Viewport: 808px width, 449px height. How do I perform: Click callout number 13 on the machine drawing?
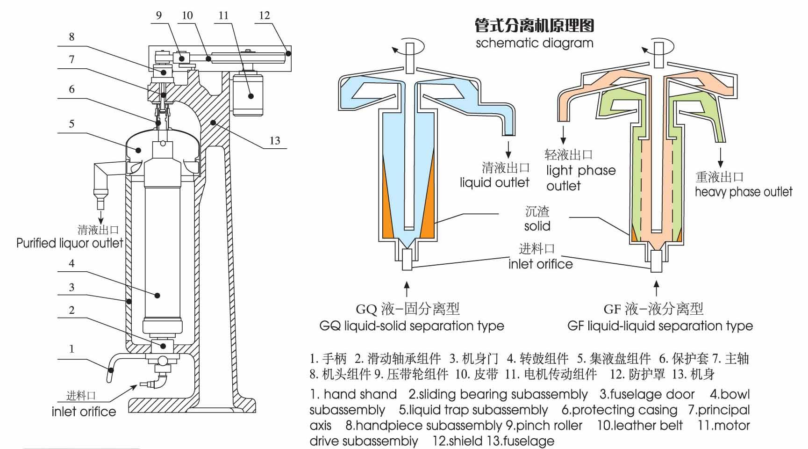pyautogui.click(x=275, y=140)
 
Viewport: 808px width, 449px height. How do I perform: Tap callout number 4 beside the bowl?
pyautogui.click(x=72, y=263)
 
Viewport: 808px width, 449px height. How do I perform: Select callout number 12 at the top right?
pyautogui.click(x=265, y=15)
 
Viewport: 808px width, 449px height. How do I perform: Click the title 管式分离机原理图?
pyautogui.click(x=534, y=25)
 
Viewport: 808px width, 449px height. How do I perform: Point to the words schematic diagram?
pyautogui.click(x=534, y=43)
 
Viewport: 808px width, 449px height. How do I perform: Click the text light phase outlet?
pyautogui.click(x=580, y=178)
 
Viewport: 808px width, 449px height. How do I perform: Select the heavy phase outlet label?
pyautogui.click(x=743, y=192)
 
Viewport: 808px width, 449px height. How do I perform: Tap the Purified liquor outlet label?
pyautogui.click(x=70, y=243)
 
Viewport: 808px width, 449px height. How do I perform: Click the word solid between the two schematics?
pyautogui.click(x=537, y=226)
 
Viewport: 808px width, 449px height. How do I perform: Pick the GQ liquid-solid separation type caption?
pyautogui.click(x=412, y=326)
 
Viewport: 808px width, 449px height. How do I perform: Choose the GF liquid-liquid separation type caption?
pyautogui.click(x=660, y=326)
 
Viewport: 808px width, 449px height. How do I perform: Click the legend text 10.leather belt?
pyautogui.click(x=640, y=426)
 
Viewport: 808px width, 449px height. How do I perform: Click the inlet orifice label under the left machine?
pyautogui.click(x=84, y=412)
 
